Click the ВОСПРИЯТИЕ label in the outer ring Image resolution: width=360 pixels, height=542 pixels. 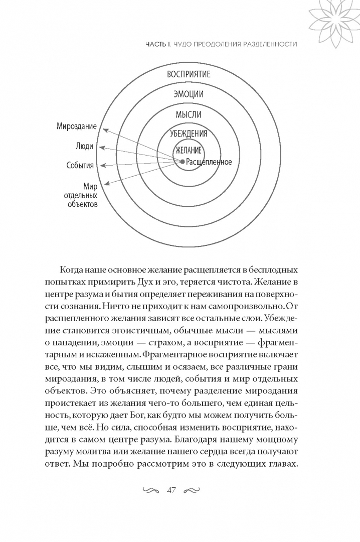pos(189,74)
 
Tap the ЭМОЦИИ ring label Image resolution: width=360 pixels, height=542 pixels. pos(189,94)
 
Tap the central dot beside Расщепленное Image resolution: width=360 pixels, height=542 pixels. pos(183,162)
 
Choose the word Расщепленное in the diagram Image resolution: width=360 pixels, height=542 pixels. pos(209,162)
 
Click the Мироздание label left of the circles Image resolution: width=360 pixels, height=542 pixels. pos(77,127)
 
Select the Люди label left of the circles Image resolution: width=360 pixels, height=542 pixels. pos(86,147)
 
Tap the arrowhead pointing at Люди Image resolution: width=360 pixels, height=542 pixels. pos(101,148)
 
